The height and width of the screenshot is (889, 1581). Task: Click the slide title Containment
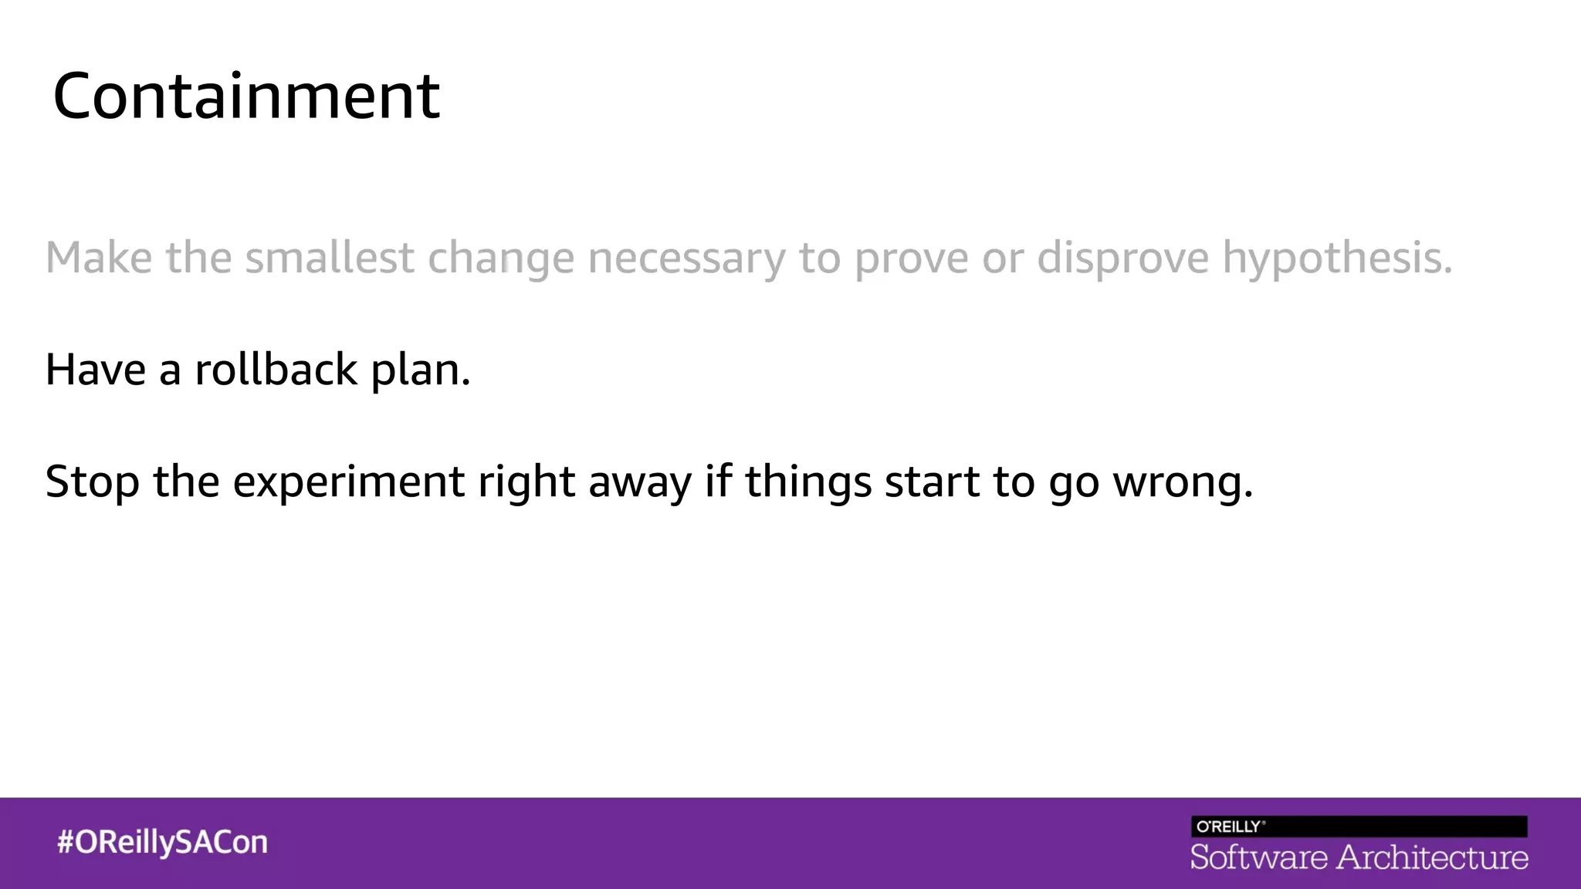pyautogui.click(x=246, y=96)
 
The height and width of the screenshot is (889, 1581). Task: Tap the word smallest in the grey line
pyautogui.click(x=330, y=257)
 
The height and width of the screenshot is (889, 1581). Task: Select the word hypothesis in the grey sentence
pyautogui.click(x=1336, y=259)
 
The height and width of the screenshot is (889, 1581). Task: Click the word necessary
pyautogui.click(x=686, y=259)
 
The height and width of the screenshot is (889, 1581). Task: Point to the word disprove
pyautogui.click(x=1122, y=259)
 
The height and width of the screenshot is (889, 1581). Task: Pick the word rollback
pyautogui.click(x=276, y=369)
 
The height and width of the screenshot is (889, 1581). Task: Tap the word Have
pyautogui.click(x=95, y=369)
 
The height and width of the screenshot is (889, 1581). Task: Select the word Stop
pyautogui.click(x=92, y=482)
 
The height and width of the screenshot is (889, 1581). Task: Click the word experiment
pyautogui.click(x=348, y=482)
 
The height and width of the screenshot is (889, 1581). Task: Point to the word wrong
pyautogui.click(x=1183, y=482)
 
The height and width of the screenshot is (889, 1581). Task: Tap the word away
pyautogui.click(x=640, y=482)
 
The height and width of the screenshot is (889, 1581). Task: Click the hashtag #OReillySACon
pyautogui.click(x=162, y=842)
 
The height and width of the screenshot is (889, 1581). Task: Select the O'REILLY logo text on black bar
pyautogui.click(x=1229, y=826)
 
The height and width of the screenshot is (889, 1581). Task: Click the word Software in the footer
pyautogui.click(x=1258, y=857)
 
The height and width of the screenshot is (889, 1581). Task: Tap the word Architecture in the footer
pyautogui.click(x=1433, y=857)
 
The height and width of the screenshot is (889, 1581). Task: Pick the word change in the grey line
pyautogui.click(x=501, y=259)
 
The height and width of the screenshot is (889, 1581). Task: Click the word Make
pyautogui.click(x=99, y=257)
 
